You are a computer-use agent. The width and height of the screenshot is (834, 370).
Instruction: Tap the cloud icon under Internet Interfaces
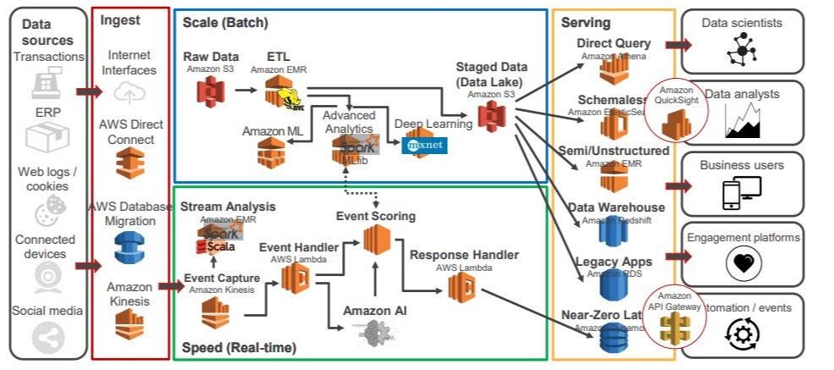pos(130,91)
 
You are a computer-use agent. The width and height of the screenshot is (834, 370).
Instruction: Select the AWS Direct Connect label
pos(130,131)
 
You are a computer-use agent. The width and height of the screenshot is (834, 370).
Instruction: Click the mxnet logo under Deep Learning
pos(423,145)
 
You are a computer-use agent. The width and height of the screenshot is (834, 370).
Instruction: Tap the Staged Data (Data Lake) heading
pos(491,74)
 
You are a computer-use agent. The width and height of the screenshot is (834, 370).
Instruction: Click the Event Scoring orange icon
pos(378,240)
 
